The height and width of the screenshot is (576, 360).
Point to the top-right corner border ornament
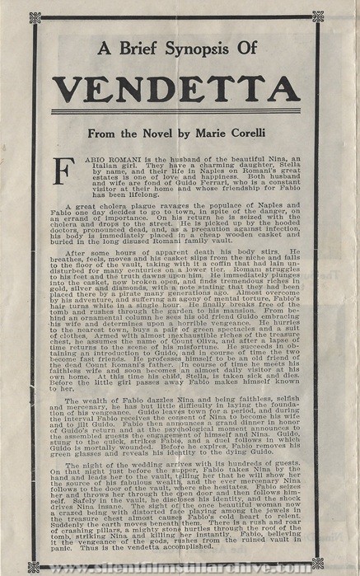coord(317,16)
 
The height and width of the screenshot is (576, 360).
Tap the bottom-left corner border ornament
coord(33,565)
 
